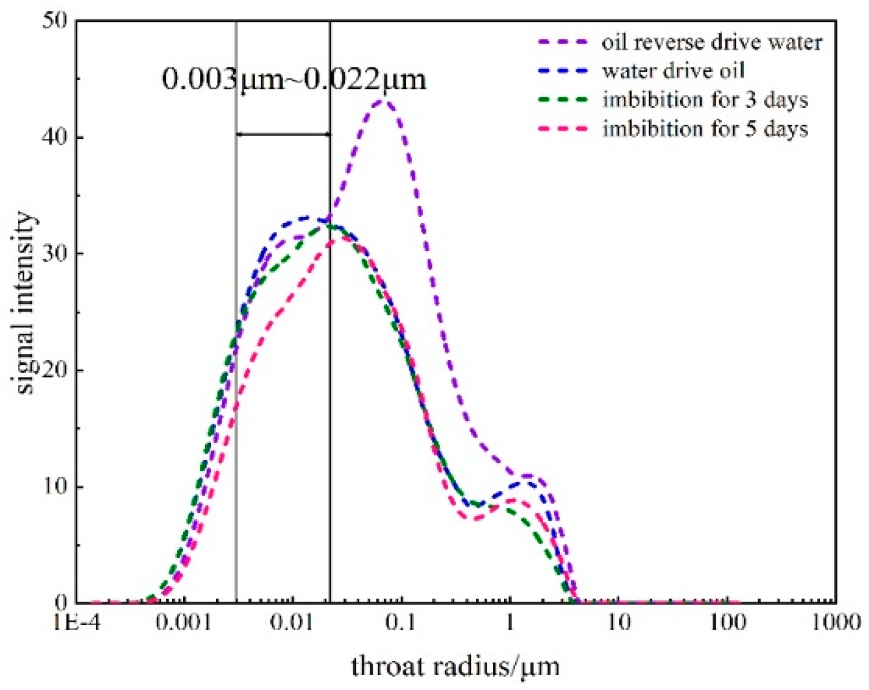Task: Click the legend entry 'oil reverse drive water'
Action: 712,42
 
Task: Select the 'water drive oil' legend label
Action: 673,71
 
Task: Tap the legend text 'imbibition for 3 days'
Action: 705,100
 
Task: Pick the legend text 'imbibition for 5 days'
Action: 705,128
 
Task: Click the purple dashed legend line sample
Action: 563,42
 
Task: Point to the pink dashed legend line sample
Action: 563,128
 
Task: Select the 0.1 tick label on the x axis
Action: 401,622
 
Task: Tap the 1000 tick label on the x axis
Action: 835,622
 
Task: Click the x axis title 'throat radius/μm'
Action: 455,666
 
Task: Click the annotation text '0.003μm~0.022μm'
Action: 294,79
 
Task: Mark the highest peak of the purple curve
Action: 385,102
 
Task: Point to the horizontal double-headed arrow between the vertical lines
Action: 283,134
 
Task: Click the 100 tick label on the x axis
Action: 727,622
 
